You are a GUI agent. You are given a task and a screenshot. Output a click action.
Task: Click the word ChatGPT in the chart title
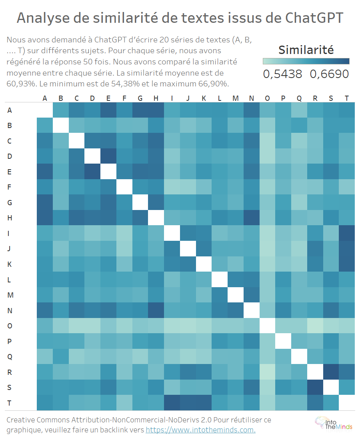coord(314,18)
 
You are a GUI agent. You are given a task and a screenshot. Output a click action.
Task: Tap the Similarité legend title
coord(306,50)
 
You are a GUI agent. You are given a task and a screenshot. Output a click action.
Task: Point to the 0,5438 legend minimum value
coord(283,74)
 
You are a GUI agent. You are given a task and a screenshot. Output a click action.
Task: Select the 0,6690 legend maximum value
coord(329,74)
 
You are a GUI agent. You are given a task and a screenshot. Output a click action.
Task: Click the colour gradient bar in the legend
coord(306,61)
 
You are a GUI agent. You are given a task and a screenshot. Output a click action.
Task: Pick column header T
coord(346,98)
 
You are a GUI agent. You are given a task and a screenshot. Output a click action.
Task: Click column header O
coord(267,98)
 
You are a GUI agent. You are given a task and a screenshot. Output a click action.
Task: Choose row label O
coord(10,326)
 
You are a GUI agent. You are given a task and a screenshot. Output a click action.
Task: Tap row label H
coord(10,218)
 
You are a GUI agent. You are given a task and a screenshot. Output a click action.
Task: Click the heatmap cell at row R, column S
coord(331,372)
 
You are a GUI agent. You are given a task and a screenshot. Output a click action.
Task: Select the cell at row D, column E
coord(108,156)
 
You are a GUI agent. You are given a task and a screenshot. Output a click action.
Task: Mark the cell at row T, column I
coord(172,403)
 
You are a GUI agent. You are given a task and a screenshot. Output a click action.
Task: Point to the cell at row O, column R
coord(315,326)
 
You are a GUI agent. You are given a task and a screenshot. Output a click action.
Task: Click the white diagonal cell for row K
coord(204,264)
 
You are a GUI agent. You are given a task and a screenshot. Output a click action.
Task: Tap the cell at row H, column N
coord(251,218)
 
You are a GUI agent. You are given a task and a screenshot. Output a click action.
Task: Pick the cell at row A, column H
coord(156,110)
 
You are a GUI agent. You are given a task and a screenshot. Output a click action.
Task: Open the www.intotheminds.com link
coord(200,430)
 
